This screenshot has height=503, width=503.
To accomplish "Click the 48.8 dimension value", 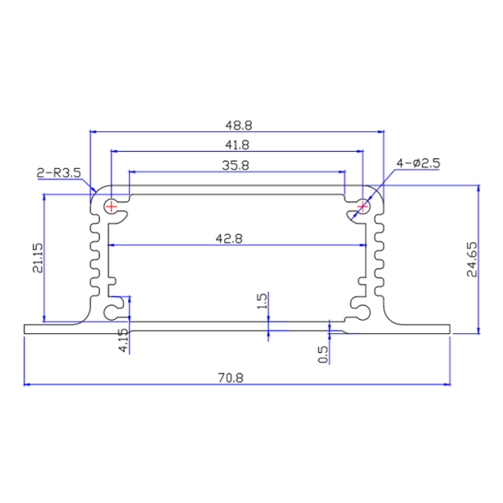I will pos(237,124).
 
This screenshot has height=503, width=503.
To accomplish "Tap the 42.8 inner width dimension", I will pos(237,238).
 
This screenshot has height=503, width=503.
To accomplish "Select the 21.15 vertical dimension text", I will pos(37,259).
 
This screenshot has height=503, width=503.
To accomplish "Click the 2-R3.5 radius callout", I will pos(58,172).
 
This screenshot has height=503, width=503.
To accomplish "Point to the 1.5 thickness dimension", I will pos(263,300).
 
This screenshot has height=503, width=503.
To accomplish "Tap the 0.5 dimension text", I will pos(322,354).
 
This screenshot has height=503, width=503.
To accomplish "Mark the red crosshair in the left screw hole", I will pos(112,207).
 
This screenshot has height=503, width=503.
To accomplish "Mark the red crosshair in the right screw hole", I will pos(362,207).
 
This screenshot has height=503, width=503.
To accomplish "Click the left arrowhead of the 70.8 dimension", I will pos(28,384).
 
